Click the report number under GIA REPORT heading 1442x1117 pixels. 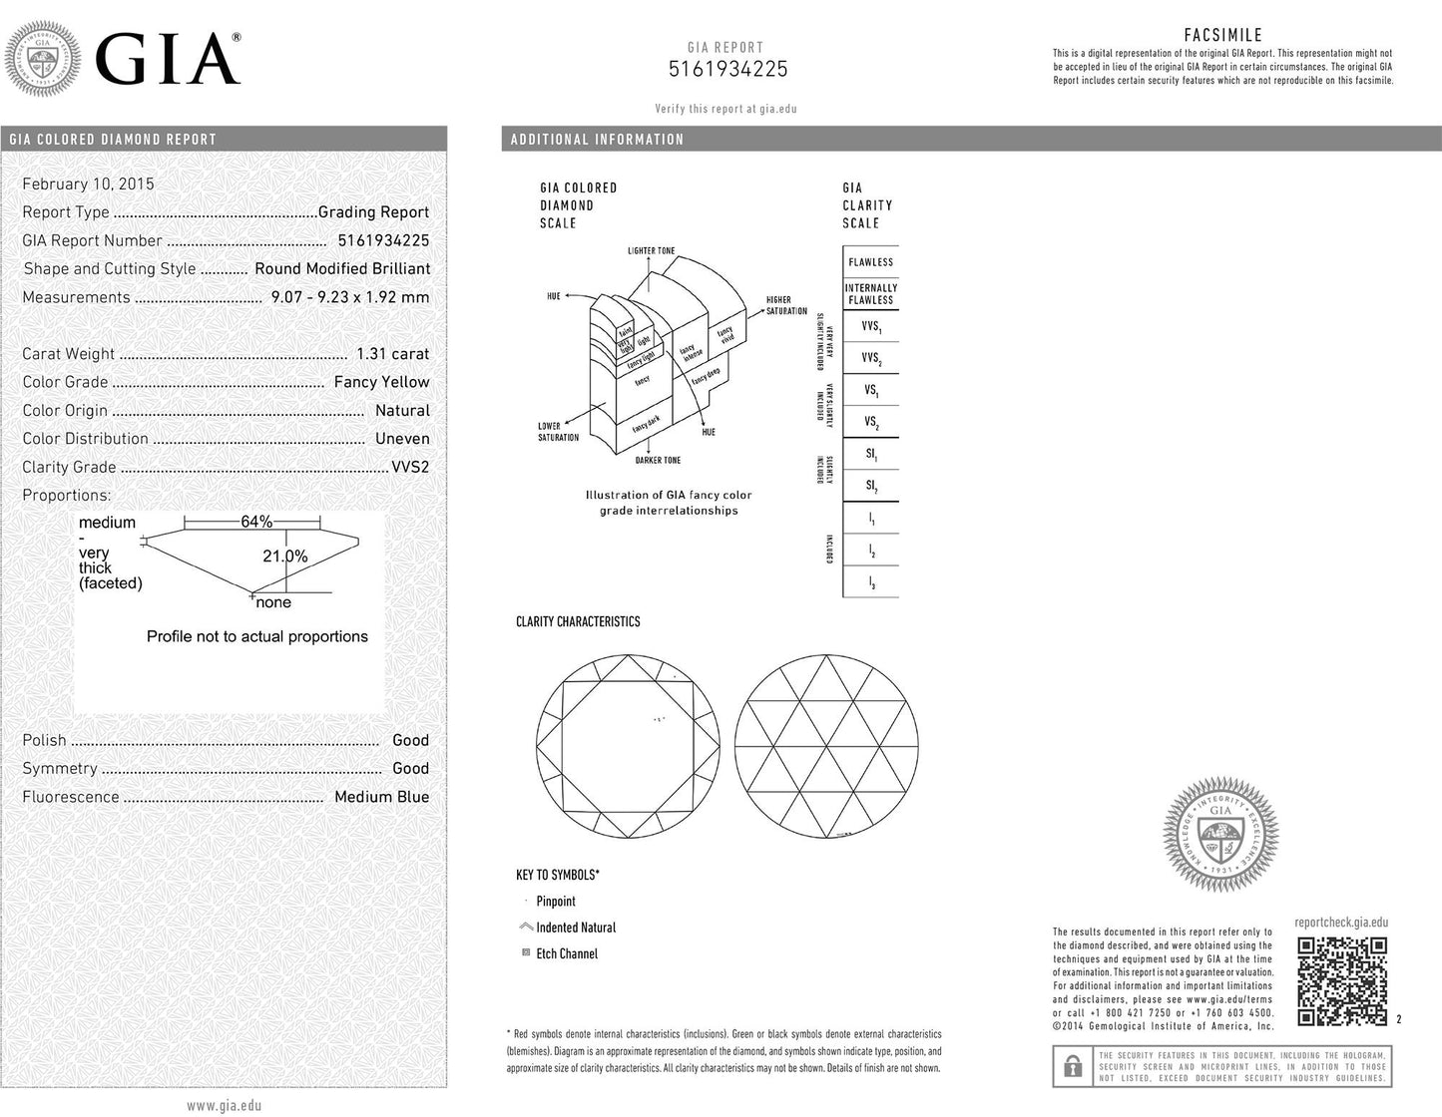tap(727, 69)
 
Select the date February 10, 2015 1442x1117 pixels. tap(88, 184)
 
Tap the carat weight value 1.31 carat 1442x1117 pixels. tap(392, 354)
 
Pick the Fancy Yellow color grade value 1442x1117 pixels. tap(381, 382)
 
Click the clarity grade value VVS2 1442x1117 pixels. tap(409, 467)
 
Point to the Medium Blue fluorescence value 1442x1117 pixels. tap(381, 797)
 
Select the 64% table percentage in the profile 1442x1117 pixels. tap(256, 522)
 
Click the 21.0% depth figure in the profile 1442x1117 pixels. tap(284, 557)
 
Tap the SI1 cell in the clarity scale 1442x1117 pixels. tap(871, 455)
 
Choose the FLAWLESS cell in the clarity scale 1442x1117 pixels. tap(871, 262)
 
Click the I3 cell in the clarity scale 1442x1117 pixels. tap(871, 582)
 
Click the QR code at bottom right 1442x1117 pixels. tap(1342, 980)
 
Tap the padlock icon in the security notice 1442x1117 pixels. tap(1073, 1067)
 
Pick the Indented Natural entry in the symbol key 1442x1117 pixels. tap(576, 928)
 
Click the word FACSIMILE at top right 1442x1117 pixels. tap(1222, 36)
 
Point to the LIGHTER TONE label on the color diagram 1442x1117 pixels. tap(651, 250)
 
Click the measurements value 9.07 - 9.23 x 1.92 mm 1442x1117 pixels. tap(349, 297)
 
